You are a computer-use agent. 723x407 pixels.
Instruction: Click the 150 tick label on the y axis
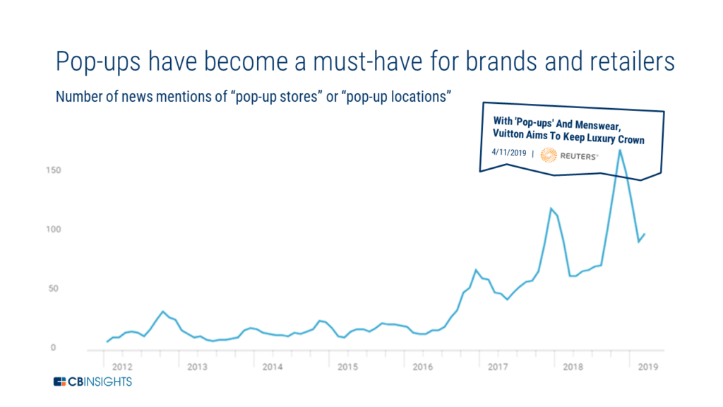click(x=54, y=170)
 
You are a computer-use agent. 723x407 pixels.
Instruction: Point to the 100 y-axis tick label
click(x=54, y=230)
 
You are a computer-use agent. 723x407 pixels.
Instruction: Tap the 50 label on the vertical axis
click(x=53, y=288)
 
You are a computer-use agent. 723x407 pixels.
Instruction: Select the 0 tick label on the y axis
click(x=53, y=348)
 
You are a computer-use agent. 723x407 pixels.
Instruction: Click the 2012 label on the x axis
click(x=122, y=367)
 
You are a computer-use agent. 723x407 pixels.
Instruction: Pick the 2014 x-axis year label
click(x=273, y=367)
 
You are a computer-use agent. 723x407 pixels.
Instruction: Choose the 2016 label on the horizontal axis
click(x=423, y=367)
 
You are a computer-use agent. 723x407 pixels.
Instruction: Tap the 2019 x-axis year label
click(x=648, y=367)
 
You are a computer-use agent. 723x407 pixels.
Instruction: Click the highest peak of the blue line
click(x=620, y=151)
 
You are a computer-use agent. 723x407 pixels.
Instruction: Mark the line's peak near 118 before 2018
click(x=551, y=208)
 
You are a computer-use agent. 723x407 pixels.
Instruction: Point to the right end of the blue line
click(x=645, y=234)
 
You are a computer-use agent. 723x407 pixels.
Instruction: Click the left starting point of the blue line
click(x=107, y=341)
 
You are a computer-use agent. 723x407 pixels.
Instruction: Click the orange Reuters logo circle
click(x=549, y=155)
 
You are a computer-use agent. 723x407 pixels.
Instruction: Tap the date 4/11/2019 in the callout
click(x=508, y=153)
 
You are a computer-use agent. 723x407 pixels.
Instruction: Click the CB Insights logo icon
click(x=60, y=382)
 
